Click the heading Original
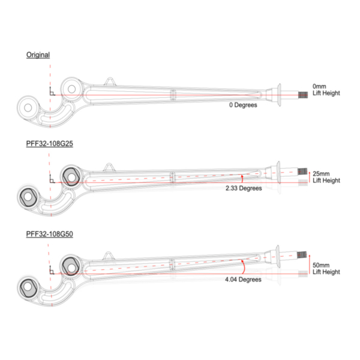(x=38, y=55)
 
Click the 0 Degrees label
(x=242, y=105)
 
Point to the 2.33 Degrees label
(x=244, y=188)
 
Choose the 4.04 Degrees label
(x=244, y=280)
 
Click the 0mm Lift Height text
(x=326, y=89)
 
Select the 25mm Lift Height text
(x=326, y=176)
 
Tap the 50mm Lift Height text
(x=326, y=268)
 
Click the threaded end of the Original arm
(x=303, y=94)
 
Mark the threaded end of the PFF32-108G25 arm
(x=303, y=172)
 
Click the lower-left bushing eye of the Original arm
(x=28, y=109)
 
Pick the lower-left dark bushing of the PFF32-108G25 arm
(x=28, y=196)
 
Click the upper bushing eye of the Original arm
(x=72, y=89)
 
